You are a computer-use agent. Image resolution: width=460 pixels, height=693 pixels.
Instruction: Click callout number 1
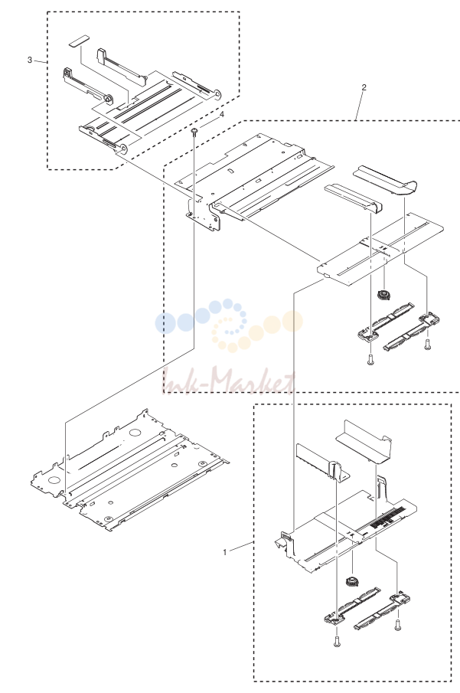tap(224, 552)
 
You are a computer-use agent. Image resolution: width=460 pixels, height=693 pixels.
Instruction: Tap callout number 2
tap(364, 87)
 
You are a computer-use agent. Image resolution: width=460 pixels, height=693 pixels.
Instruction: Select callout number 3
tap(30, 60)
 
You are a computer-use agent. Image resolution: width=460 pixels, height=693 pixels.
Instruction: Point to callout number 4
tap(222, 114)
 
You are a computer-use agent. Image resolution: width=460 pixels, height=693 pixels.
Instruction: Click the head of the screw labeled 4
tap(194, 130)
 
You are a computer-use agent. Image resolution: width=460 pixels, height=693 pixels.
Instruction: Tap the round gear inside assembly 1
tap(351, 582)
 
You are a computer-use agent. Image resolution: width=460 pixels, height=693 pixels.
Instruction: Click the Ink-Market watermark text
tap(228, 381)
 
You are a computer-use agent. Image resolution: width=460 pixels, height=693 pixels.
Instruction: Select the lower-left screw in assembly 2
tap(370, 360)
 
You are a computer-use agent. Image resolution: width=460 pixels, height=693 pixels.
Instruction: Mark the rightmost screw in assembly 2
tap(427, 344)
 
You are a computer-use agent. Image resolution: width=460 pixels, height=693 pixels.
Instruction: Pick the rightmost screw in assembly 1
tap(397, 624)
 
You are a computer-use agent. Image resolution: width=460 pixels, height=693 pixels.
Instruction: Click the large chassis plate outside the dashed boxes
tap(130, 472)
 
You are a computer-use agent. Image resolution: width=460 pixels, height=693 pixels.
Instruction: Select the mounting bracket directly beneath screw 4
tap(203, 215)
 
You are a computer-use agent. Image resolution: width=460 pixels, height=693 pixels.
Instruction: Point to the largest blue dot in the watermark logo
tap(164, 322)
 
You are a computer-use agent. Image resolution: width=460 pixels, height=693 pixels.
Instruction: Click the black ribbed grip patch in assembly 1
tap(385, 519)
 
